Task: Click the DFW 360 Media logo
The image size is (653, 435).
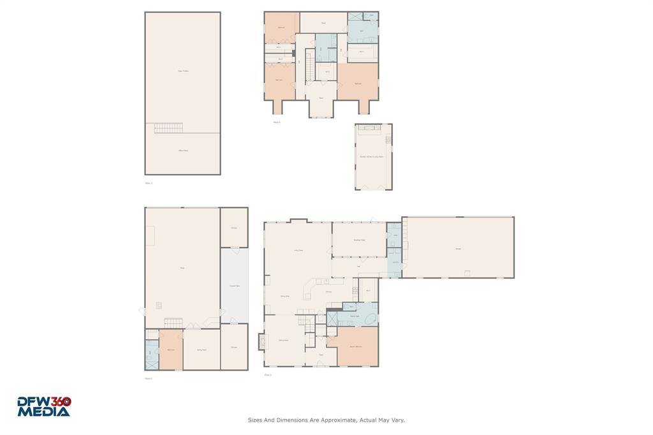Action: [44, 406]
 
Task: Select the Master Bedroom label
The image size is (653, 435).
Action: [355, 346]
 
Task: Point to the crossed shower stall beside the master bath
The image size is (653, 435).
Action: [332, 318]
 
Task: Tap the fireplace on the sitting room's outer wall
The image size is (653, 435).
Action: [261, 342]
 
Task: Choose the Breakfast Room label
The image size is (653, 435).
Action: [359, 240]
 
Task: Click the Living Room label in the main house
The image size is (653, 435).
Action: [298, 251]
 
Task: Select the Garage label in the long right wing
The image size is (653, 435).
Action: [458, 248]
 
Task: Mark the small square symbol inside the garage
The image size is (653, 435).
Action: [467, 273]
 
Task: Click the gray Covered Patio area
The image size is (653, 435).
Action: [234, 286]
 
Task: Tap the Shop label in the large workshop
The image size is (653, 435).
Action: [182, 268]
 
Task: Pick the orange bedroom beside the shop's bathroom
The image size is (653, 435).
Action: [171, 350]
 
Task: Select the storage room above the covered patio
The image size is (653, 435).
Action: [234, 226]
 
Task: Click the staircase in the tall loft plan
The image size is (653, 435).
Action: [169, 129]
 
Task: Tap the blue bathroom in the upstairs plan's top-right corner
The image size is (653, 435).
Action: [362, 31]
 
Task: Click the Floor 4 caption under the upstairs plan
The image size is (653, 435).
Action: [276, 122]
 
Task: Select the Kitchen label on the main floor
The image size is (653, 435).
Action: [329, 291]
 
